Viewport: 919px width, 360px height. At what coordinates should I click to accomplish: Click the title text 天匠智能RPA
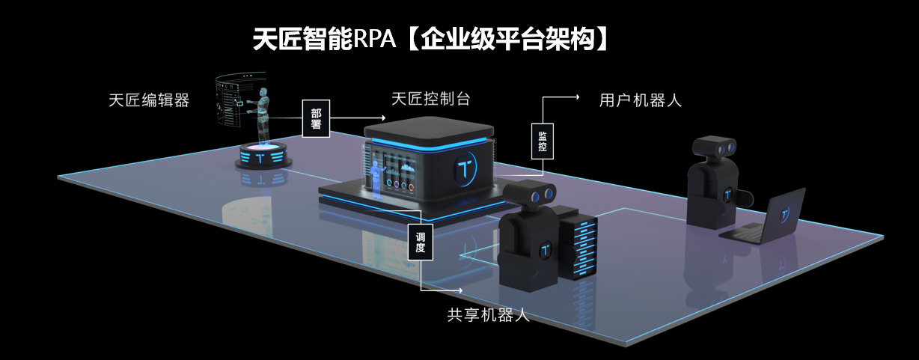point(323,39)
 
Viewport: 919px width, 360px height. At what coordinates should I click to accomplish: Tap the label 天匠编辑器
point(148,100)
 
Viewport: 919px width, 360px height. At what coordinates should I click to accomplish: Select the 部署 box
point(315,118)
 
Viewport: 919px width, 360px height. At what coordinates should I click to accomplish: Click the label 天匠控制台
point(430,99)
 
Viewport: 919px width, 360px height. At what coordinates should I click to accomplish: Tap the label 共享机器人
point(488,315)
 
